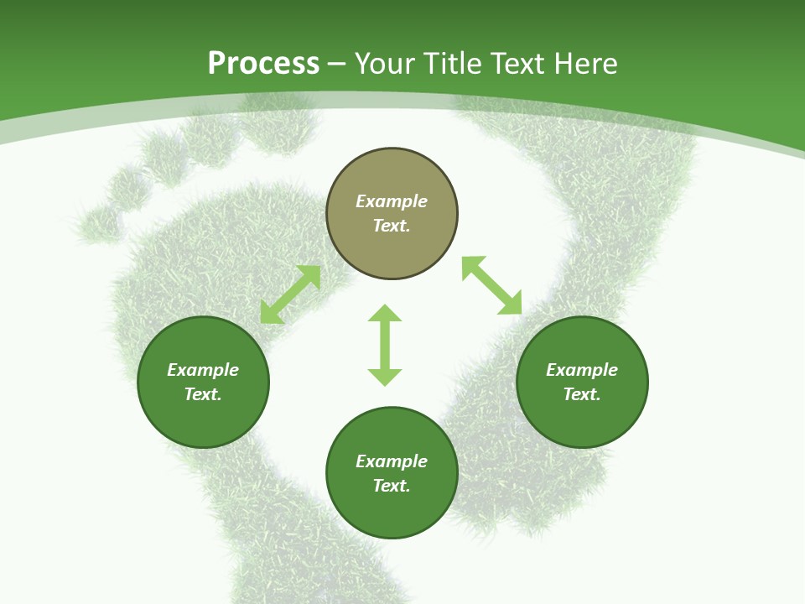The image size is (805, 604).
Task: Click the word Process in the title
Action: point(263,64)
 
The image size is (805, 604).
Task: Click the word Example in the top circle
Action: point(392,201)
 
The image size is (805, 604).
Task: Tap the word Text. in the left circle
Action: point(203,394)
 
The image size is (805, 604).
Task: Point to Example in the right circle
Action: point(582,370)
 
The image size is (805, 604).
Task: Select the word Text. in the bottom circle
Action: point(392,486)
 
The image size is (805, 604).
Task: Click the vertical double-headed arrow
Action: point(385,345)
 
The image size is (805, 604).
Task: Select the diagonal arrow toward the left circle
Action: point(290,294)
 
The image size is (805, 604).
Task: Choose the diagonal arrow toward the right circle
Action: point(491,286)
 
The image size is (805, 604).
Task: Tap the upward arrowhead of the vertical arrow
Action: point(385,313)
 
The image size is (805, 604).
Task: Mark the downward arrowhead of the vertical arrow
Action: point(385,377)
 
